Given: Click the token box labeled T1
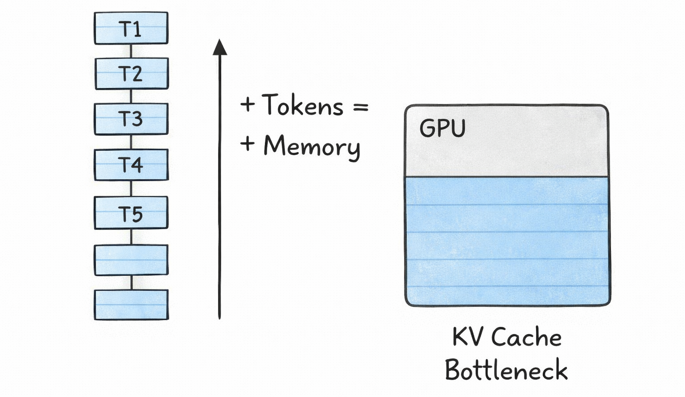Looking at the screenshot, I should tap(131, 28).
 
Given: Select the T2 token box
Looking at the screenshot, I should tap(131, 74).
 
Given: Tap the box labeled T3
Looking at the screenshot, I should tap(131, 119).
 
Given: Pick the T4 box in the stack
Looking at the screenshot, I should tap(131, 165).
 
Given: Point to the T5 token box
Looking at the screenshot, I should tap(131, 213).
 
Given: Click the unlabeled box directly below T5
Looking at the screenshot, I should tap(131, 260).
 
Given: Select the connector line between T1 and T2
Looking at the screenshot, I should tap(131, 51).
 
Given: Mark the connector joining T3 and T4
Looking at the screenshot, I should tap(131, 142).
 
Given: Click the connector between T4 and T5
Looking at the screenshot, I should tap(131, 188).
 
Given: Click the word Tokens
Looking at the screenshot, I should tap(302, 105).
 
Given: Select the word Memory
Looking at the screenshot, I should tap(311, 146).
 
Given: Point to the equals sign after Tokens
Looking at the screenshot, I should tap(360, 107).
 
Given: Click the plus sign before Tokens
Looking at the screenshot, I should tap(248, 105).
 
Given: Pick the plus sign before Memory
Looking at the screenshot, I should tap(248, 144).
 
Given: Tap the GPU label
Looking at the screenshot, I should tap(442, 128).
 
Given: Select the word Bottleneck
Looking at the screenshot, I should tap(506, 370).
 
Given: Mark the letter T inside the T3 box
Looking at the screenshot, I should tap(124, 119).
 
